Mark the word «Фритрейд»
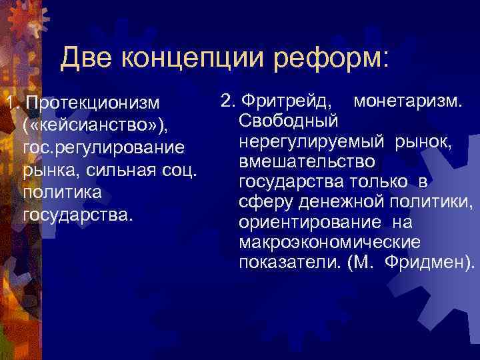(287, 101)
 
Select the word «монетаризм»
(409, 101)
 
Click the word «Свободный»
(288, 121)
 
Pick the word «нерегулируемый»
(310, 141)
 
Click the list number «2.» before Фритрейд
(227, 101)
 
